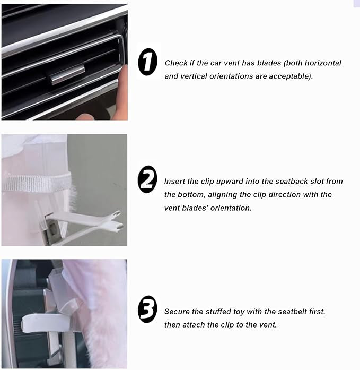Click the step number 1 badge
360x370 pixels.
(x=147, y=62)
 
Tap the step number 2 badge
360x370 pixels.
(x=147, y=179)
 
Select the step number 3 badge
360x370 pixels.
(x=147, y=309)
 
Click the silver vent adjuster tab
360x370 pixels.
(x=67, y=74)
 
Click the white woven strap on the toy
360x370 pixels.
(x=36, y=183)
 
